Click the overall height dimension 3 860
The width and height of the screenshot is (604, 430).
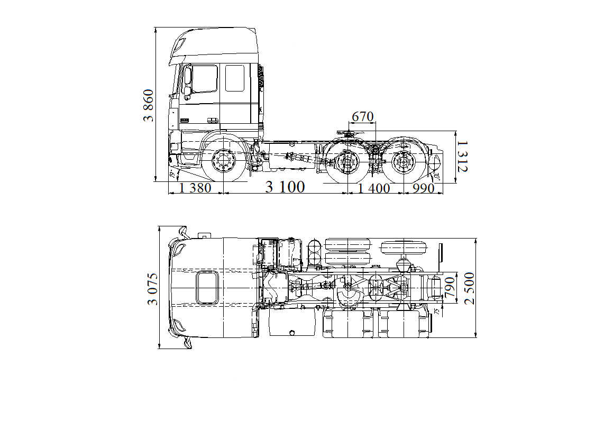pos(150,106)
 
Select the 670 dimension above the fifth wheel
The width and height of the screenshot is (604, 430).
pos(363,116)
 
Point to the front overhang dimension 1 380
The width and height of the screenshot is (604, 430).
pos(196,188)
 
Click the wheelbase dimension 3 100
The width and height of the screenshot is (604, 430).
pos(285,187)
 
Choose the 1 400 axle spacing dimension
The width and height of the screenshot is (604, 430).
pos(374,188)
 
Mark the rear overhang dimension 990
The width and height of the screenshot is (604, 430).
pos(424,188)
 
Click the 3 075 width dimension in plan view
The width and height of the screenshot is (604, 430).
pos(153,289)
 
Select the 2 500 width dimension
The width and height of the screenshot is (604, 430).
pos(470,288)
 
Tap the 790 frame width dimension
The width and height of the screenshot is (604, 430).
pos(451,288)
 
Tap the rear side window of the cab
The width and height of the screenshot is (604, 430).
pos(234,78)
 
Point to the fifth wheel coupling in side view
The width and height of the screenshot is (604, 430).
pos(350,135)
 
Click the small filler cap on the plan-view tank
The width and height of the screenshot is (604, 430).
pos(291,333)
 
